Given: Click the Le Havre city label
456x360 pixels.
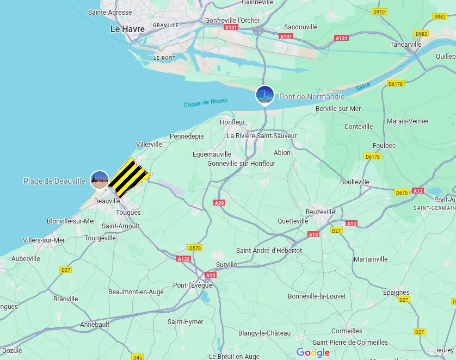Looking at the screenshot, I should pos(127,29).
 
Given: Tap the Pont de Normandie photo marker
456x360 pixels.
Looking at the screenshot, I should pos(265,95).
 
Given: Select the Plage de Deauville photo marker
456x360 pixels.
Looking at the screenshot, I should pos(100,179).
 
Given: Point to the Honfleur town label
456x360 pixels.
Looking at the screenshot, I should pos(232,122).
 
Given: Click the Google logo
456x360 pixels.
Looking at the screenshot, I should pos(313,352).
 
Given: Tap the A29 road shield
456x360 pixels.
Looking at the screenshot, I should pos(219,203).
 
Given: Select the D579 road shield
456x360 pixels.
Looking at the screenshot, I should pos(194,248).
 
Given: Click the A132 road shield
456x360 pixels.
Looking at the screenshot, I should pos(183,259).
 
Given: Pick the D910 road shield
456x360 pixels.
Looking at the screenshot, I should pos(379,11).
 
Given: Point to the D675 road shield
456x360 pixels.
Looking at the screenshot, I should pos(402,193).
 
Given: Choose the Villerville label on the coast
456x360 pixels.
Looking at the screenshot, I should pos(149,144).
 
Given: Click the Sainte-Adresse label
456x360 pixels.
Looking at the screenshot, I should pos(110,12).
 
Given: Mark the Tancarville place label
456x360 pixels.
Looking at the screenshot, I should pos(406,45).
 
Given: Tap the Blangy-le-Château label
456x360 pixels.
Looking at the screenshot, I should pos(264,333).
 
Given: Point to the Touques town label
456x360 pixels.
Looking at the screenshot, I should pos(128,213).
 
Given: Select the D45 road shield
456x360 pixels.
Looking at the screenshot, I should pos(138,357).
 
